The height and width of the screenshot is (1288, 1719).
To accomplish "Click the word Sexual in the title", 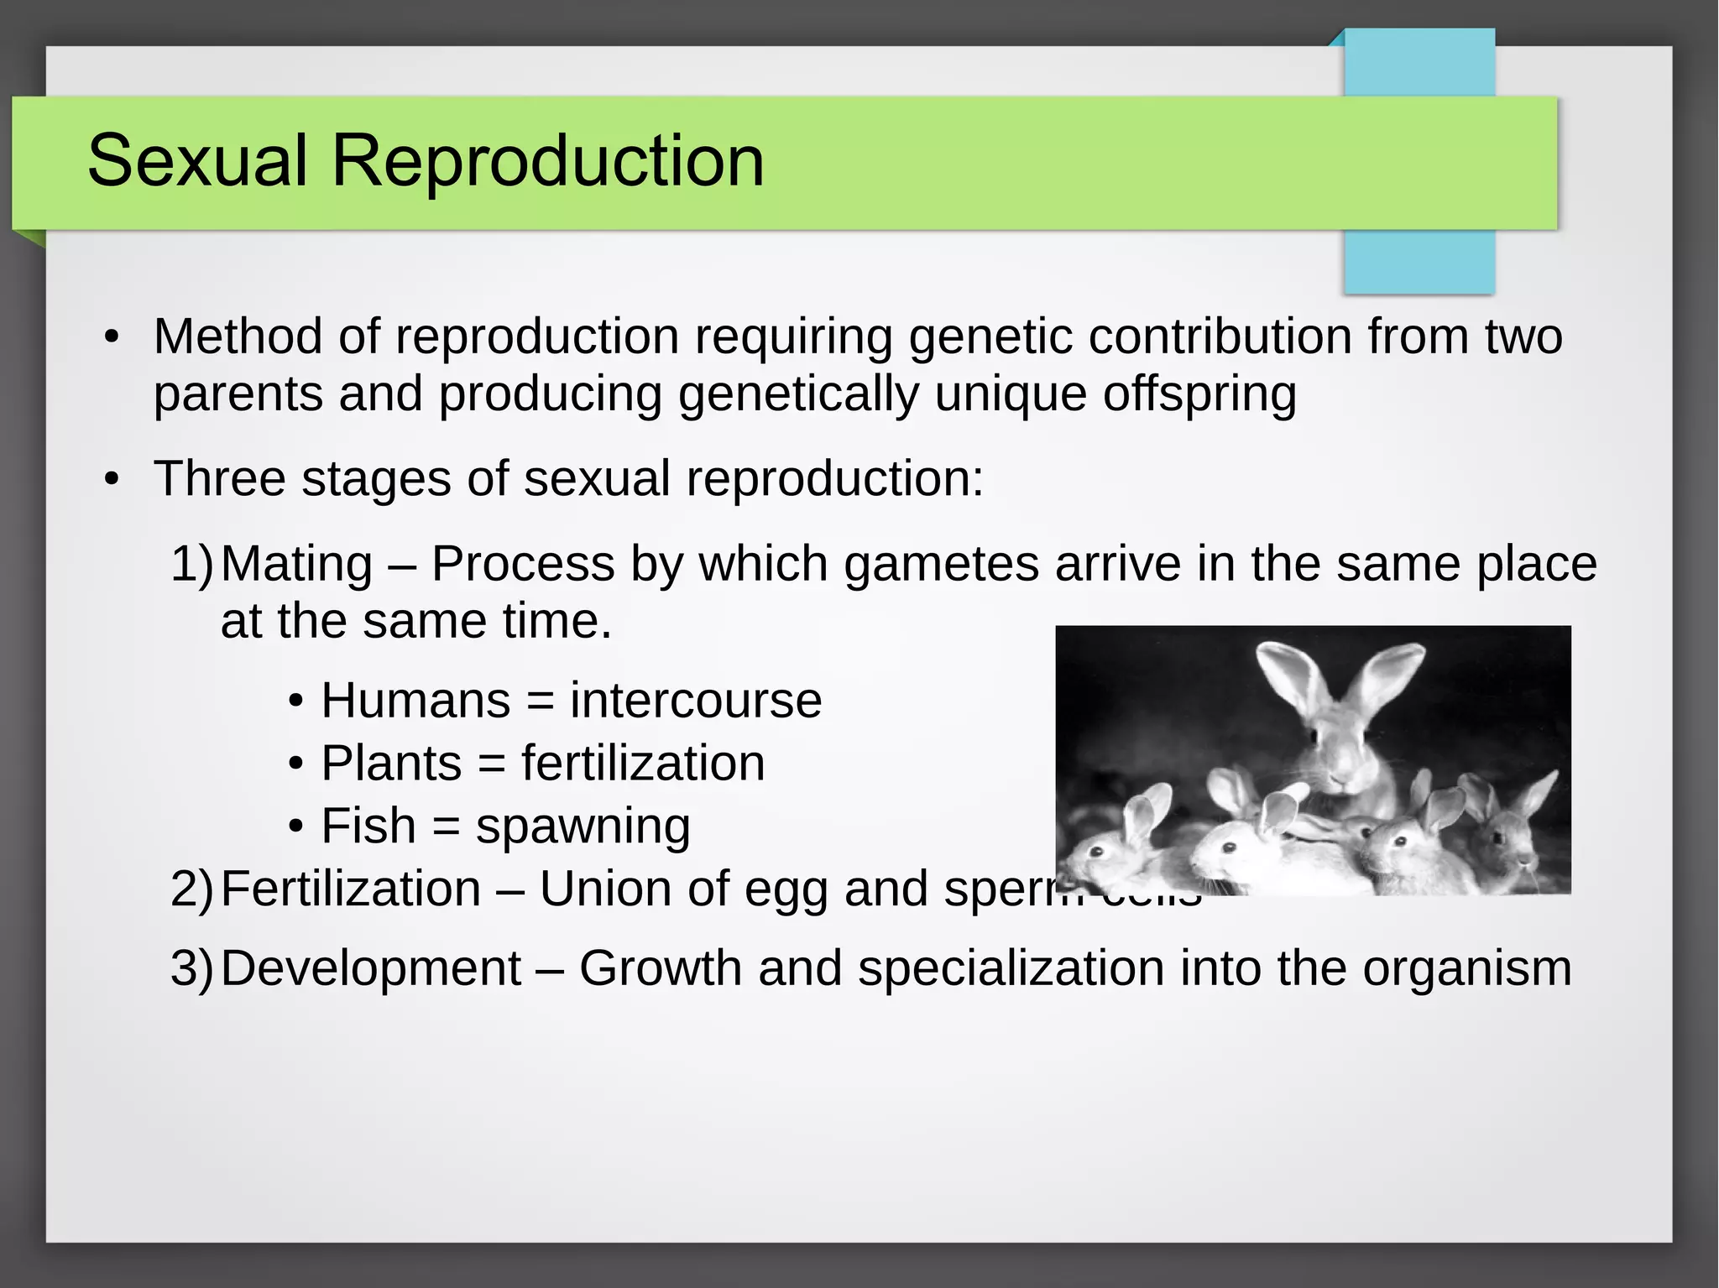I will point(197,161).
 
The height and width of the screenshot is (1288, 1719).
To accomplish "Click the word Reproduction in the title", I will point(547,161).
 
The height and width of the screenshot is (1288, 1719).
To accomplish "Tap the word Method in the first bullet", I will point(238,337).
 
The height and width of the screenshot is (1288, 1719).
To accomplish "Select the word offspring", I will point(1199,394).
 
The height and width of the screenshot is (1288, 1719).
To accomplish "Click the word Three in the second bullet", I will point(220,479).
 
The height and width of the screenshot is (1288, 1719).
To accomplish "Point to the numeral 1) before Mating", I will point(192,564).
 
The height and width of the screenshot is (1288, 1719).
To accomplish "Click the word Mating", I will point(297,564).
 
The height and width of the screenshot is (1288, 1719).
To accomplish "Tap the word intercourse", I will point(696,701).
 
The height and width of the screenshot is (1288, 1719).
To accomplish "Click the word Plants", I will point(391,764).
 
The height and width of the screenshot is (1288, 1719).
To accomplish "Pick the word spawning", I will point(583,827).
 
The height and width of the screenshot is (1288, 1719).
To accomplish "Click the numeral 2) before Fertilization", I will point(192,889).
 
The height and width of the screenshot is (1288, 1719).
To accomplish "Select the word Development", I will point(371,969).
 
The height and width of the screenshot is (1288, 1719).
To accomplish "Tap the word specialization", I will point(1011,969).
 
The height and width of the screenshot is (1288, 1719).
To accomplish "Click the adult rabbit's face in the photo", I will point(1336,751).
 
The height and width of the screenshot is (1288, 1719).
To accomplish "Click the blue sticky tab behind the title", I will point(1419,260).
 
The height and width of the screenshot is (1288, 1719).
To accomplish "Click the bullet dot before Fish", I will point(295,827).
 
